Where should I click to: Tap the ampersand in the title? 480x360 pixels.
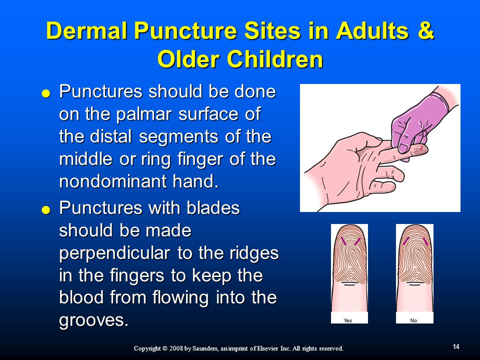coord(425,30)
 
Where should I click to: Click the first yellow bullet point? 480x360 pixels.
coord(46,93)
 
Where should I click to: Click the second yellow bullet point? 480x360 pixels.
coord(46,210)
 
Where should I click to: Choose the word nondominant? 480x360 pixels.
coord(113,181)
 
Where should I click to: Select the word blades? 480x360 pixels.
coord(213,208)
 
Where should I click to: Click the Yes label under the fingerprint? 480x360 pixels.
coord(348,320)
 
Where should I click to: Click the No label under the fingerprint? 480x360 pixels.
coord(413,320)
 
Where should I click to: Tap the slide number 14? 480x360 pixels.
coord(456,346)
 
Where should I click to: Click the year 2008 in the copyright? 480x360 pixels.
coord(176,348)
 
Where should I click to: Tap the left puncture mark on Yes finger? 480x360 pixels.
coord(344,241)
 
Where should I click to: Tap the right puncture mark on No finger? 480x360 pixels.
coord(425,241)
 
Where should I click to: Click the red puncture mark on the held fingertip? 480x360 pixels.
coord(421,148)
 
